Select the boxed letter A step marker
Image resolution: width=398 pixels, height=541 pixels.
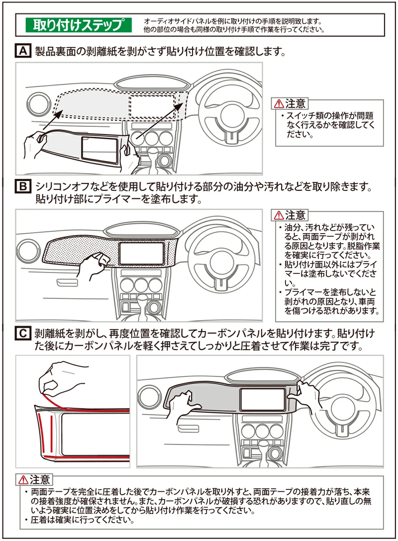(x=23, y=51)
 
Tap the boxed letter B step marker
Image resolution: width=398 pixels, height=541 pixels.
(x=23, y=187)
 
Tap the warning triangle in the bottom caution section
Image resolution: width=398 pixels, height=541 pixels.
(x=23, y=480)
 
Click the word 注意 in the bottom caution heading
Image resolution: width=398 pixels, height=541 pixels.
(x=40, y=480)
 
